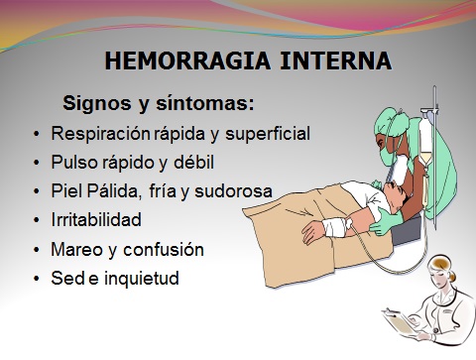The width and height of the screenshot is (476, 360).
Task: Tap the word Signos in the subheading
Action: tap(94, 102)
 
